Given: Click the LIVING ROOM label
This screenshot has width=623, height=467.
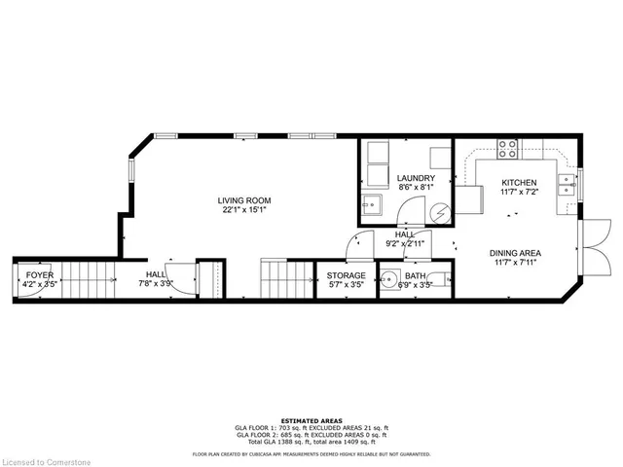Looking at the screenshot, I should (x=243, y=201).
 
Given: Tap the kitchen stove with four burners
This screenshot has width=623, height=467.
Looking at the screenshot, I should (x=507, y=149).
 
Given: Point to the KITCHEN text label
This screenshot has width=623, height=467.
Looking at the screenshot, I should (x=518, y=183).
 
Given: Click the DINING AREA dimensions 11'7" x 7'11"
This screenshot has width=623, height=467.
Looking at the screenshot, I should (x=515, y=263).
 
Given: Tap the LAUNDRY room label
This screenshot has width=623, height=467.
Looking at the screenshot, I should (x=415, y=178).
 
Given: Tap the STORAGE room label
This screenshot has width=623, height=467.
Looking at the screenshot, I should (x=346, y=275).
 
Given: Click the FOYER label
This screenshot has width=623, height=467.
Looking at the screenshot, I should (x=40, y=275).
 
